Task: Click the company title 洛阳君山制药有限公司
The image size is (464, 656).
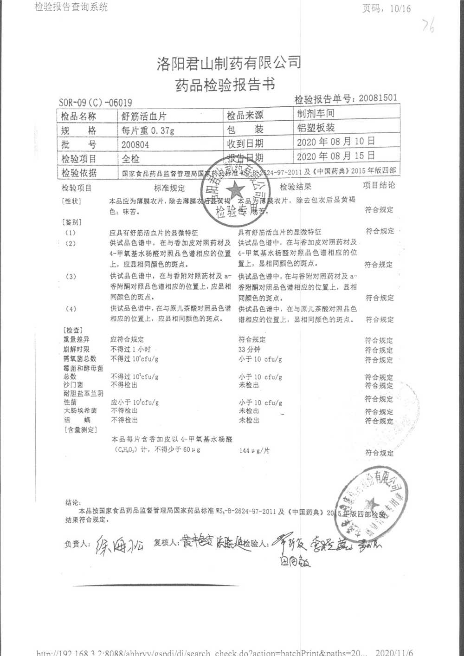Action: (229, 63)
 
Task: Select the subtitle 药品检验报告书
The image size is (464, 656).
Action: (225, 85)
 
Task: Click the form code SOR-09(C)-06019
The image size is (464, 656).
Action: (95, 103)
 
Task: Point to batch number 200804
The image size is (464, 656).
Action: (135, 145)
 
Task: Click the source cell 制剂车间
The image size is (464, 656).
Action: (316, 113)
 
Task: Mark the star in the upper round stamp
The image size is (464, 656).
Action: (235, 189)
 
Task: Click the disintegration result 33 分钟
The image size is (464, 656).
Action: (249, 349)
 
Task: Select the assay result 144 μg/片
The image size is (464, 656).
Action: (254, 450)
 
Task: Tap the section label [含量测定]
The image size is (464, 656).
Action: (80, 430)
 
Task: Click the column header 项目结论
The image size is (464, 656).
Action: (379, 185)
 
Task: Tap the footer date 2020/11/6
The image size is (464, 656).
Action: (394, 652)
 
